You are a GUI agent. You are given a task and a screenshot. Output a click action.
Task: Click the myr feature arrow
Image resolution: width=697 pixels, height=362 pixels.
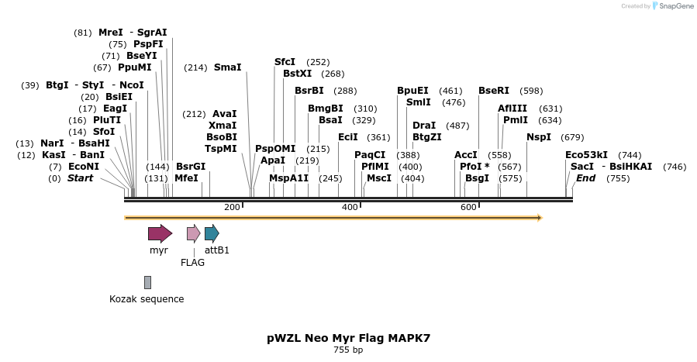tap(160, 233)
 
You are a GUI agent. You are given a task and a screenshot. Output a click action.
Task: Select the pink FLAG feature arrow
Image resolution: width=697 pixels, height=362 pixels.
tap(193, 233)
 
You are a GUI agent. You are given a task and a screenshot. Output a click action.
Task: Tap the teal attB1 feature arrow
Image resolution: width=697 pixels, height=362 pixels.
tap(212, 233)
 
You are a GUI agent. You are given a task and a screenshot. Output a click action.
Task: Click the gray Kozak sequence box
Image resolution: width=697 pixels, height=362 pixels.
tap(147, 282)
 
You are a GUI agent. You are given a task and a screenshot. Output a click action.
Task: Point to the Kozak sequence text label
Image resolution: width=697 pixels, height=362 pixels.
tap(147, 299)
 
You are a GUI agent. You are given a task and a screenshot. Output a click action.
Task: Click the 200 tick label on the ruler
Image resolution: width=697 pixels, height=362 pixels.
tap(232, 208)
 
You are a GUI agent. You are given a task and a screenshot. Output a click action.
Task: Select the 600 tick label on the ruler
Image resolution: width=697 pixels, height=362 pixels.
tap(468, 208)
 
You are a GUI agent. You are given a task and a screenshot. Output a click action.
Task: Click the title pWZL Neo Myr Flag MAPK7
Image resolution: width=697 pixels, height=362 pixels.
tap(348, 338)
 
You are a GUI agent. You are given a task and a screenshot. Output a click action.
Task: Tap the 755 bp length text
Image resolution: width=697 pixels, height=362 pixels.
tap(348, 350)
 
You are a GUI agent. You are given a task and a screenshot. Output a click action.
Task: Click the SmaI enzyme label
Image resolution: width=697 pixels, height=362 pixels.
tap(227, 67)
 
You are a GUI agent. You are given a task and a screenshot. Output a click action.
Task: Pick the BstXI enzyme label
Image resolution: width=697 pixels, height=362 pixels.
tap(297, 74)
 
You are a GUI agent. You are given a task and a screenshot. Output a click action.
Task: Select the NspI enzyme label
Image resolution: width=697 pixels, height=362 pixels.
tap(539, 137)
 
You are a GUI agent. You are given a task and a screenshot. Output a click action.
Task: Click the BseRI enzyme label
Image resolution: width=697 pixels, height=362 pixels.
tap(494, 91)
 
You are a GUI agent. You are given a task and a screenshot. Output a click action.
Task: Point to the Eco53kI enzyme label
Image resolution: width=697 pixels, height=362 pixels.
tap(587, 155)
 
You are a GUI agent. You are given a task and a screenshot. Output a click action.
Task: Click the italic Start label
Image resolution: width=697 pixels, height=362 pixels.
tap(85, 178)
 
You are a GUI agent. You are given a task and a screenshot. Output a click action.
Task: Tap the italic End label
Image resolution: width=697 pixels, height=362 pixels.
tap(585, 178)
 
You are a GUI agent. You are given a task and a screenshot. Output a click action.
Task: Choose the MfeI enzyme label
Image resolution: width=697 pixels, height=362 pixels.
tap(186, 178)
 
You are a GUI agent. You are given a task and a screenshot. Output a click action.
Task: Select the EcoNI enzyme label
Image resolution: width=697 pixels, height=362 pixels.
tap(84, 167)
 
